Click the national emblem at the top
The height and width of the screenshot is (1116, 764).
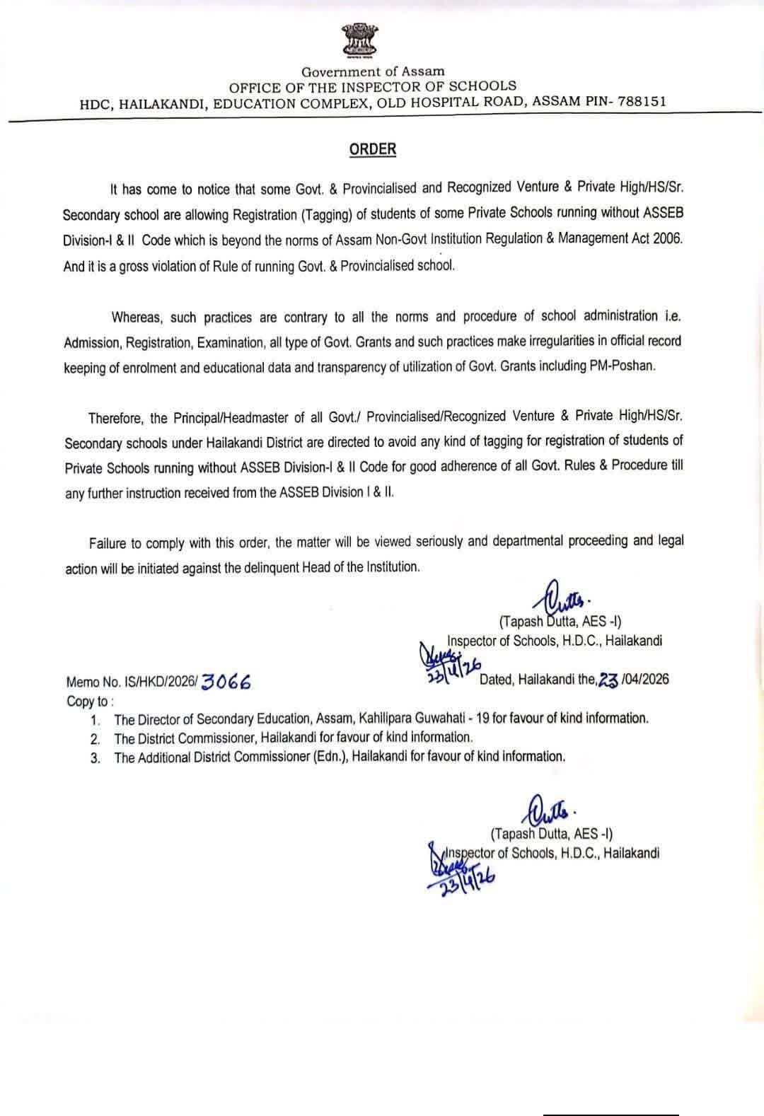[x=359, y=40]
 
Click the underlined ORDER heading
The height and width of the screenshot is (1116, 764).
[x=372, y=149]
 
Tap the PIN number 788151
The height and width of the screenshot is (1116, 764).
[x=642, y=101]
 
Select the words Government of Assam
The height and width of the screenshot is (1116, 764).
[x=373, y=71]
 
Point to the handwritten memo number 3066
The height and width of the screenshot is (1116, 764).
[x=226, y=682]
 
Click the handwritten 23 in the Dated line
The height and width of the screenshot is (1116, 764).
[x=608, y=680]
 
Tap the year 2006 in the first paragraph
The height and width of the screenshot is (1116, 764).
[x=668, y=238]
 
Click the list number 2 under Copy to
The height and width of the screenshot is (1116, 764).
[x=95, y=739]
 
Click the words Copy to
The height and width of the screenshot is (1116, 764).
[x=88, y=701]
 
